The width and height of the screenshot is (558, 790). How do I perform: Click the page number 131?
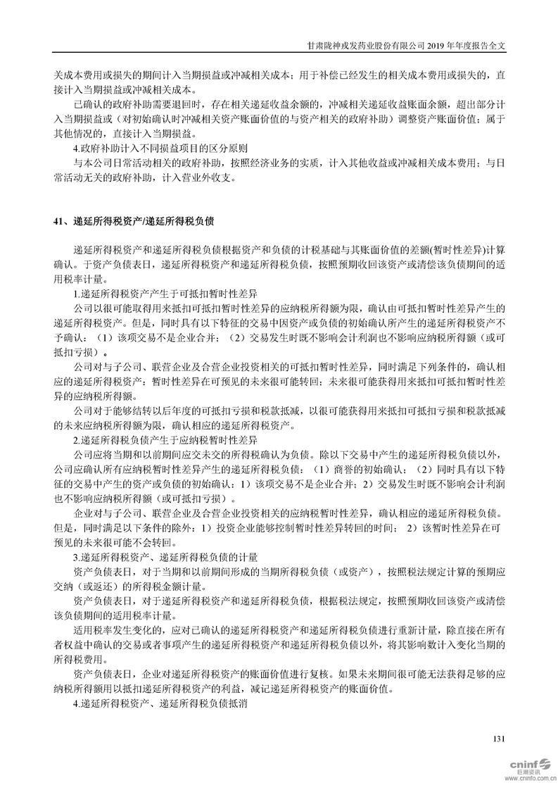[x=500, y=739]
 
